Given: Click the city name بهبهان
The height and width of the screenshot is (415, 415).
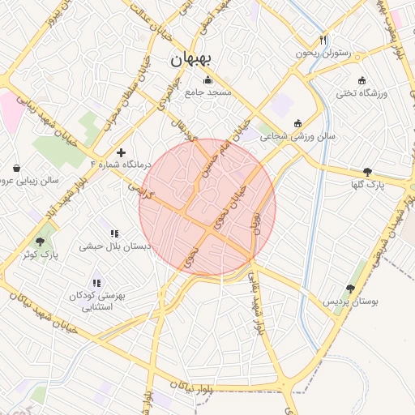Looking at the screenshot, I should tap(191, 59).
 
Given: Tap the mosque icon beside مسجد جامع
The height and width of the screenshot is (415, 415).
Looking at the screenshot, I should tap(208, 79).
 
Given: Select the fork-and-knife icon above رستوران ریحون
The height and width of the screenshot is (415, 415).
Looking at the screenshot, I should tap(323, 39).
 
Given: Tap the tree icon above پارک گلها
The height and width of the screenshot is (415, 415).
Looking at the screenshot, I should tap(368, 172).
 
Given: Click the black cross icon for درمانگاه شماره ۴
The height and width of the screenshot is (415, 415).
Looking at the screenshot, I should tap(121, 152).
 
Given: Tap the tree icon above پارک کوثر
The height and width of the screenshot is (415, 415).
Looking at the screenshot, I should tap(40, 242).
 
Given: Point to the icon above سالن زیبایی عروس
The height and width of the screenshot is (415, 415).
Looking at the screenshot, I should tap(16, 169).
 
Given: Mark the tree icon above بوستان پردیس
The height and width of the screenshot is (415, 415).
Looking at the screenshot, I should tap(350, 289).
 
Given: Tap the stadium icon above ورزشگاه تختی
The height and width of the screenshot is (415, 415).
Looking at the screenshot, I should tap(362, 80).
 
